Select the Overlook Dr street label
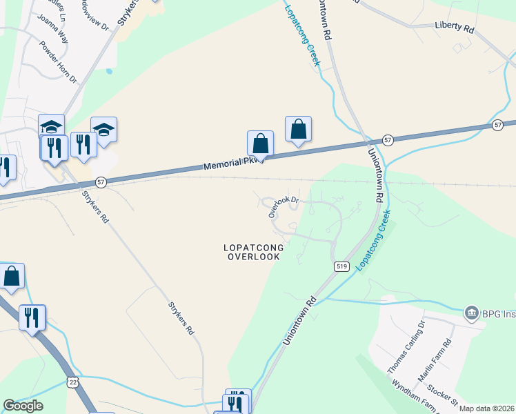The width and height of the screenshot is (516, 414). click(284, 206)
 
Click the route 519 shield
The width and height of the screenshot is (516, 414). click(341, 266)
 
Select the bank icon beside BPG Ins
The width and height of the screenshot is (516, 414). click(473, 313)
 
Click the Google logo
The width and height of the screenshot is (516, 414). click(23, 406)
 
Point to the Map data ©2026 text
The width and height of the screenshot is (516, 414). click(486, 408)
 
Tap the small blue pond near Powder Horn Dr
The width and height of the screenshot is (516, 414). click(109, 70)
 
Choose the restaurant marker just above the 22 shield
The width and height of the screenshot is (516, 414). click(32, 317)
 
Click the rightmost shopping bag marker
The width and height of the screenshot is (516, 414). click(298, 129)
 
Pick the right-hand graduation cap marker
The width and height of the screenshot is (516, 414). click(103, 130)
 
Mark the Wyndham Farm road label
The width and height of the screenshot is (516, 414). click(415, 397)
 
